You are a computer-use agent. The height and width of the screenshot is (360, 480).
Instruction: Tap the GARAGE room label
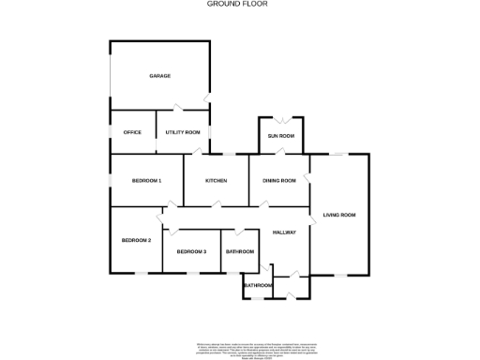click(x=159, y=75)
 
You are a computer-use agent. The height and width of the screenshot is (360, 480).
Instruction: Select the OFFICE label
click(x=132, y=132)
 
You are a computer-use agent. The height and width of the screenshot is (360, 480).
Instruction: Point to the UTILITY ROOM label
click(x=183, y=132)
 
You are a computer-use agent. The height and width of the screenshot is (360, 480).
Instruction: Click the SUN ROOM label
click(x=281, y=137)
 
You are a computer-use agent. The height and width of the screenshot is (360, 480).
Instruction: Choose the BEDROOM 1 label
click(x=146, y=180)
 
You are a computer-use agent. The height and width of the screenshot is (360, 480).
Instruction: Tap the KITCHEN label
click(x=217, y=180)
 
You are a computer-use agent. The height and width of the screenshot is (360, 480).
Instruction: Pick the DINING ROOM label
click(x=279, y=180)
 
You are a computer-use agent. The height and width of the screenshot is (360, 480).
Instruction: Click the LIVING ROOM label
click(x=339, y=216)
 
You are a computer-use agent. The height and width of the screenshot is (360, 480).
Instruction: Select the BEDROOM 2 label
click(x=136, y=241)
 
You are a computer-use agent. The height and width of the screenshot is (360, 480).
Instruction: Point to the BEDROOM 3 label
click(x=191, y=251)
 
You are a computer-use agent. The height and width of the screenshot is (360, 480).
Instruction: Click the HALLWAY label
click(x=284, y=232)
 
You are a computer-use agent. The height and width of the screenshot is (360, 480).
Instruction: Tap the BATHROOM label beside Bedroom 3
click(x=239, y=251)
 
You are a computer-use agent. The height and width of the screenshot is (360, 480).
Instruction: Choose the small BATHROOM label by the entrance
click(x=258, y=285)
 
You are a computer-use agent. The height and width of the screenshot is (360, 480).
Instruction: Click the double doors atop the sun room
click(x=281, y=120)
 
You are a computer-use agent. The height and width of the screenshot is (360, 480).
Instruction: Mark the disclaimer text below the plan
click(x=241, y=349)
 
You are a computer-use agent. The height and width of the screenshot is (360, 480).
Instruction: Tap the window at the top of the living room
click(x=338, y=153)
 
